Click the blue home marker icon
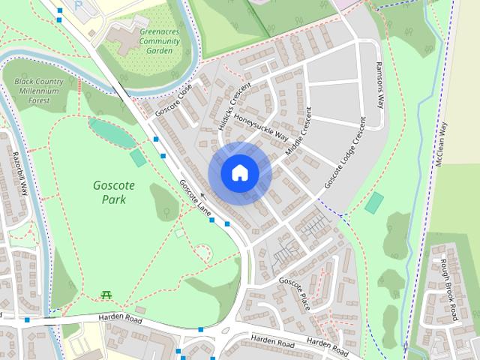(x=239, y=173)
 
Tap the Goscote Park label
(x=109, y=191)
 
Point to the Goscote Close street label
(x=174, y=100)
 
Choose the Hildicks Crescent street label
(x=232, y=107)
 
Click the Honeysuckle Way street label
(x=261, y=127)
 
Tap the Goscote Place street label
(x=294, y=286)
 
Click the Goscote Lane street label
(x=193, y=199)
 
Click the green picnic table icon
(x=105, y=295)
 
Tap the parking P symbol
(x=79, y=6)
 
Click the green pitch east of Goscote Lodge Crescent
(x=374, y=202)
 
